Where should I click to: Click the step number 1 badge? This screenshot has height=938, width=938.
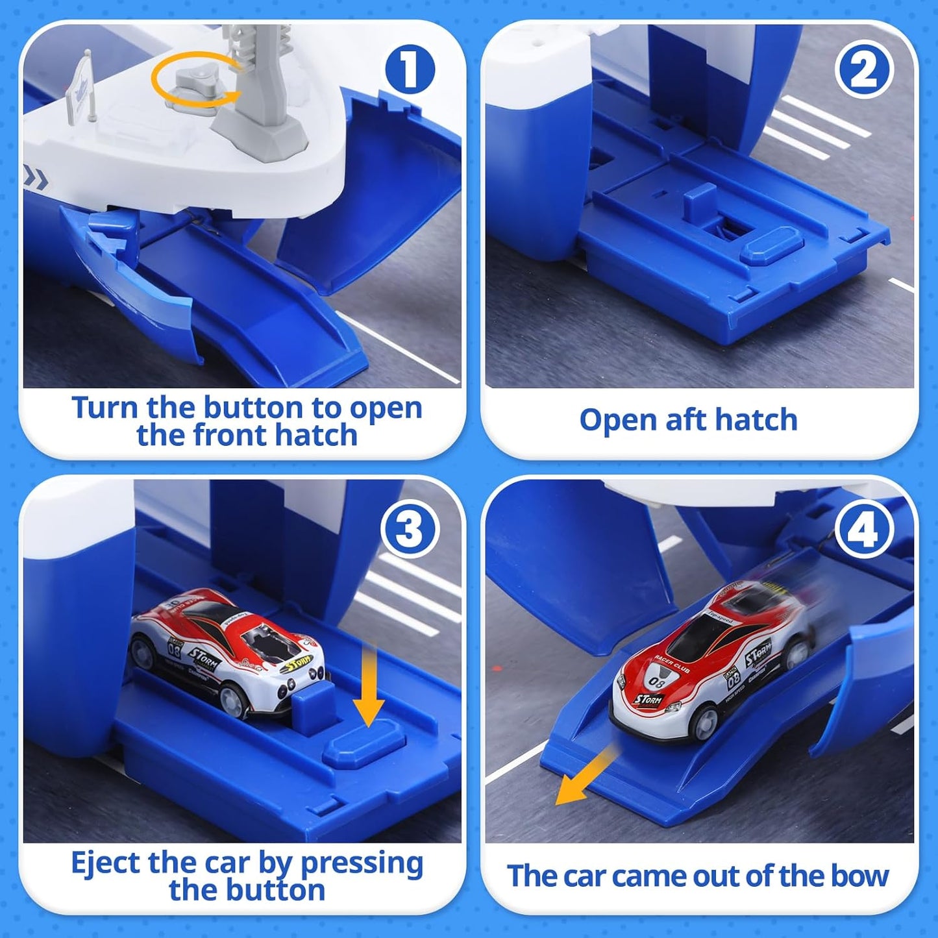pyautogui.click(x=409, y=70)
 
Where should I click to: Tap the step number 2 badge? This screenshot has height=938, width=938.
pyautogui.click(x=864, y=70)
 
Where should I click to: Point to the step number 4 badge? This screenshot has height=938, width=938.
pyautogui.click(x=864, y=529)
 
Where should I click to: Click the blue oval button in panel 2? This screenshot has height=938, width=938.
pyautogui.click(x=771, y=244)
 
